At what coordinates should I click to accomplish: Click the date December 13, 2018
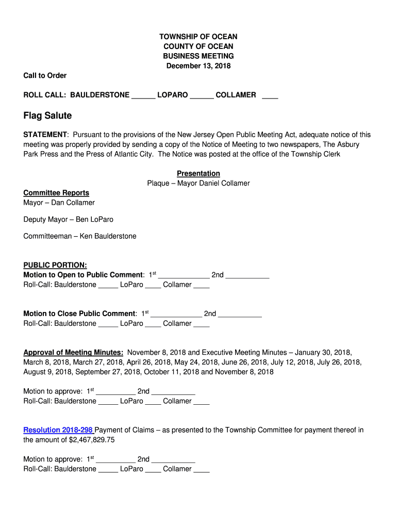point(198,66)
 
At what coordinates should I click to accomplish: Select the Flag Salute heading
point(47,115)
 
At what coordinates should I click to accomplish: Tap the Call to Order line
point(45,76)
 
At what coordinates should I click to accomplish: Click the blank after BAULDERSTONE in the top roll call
point(143,96)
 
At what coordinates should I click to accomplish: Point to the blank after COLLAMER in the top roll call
point(270,96)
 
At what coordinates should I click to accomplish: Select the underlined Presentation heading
point(198,174)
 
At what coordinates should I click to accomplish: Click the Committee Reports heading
point(56,193)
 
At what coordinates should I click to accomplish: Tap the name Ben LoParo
point(94,220)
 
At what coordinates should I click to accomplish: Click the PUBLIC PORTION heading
point(55,265)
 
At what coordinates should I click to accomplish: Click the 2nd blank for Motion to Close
point(240,315)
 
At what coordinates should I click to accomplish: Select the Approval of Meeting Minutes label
point(73,353)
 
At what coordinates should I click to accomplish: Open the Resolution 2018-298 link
point(58,430)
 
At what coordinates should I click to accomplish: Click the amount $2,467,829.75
point(91,440)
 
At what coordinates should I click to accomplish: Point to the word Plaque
point(158,184)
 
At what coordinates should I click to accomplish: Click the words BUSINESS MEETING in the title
point(198,56)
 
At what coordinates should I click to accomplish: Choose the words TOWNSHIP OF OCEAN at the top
point(198,37)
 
